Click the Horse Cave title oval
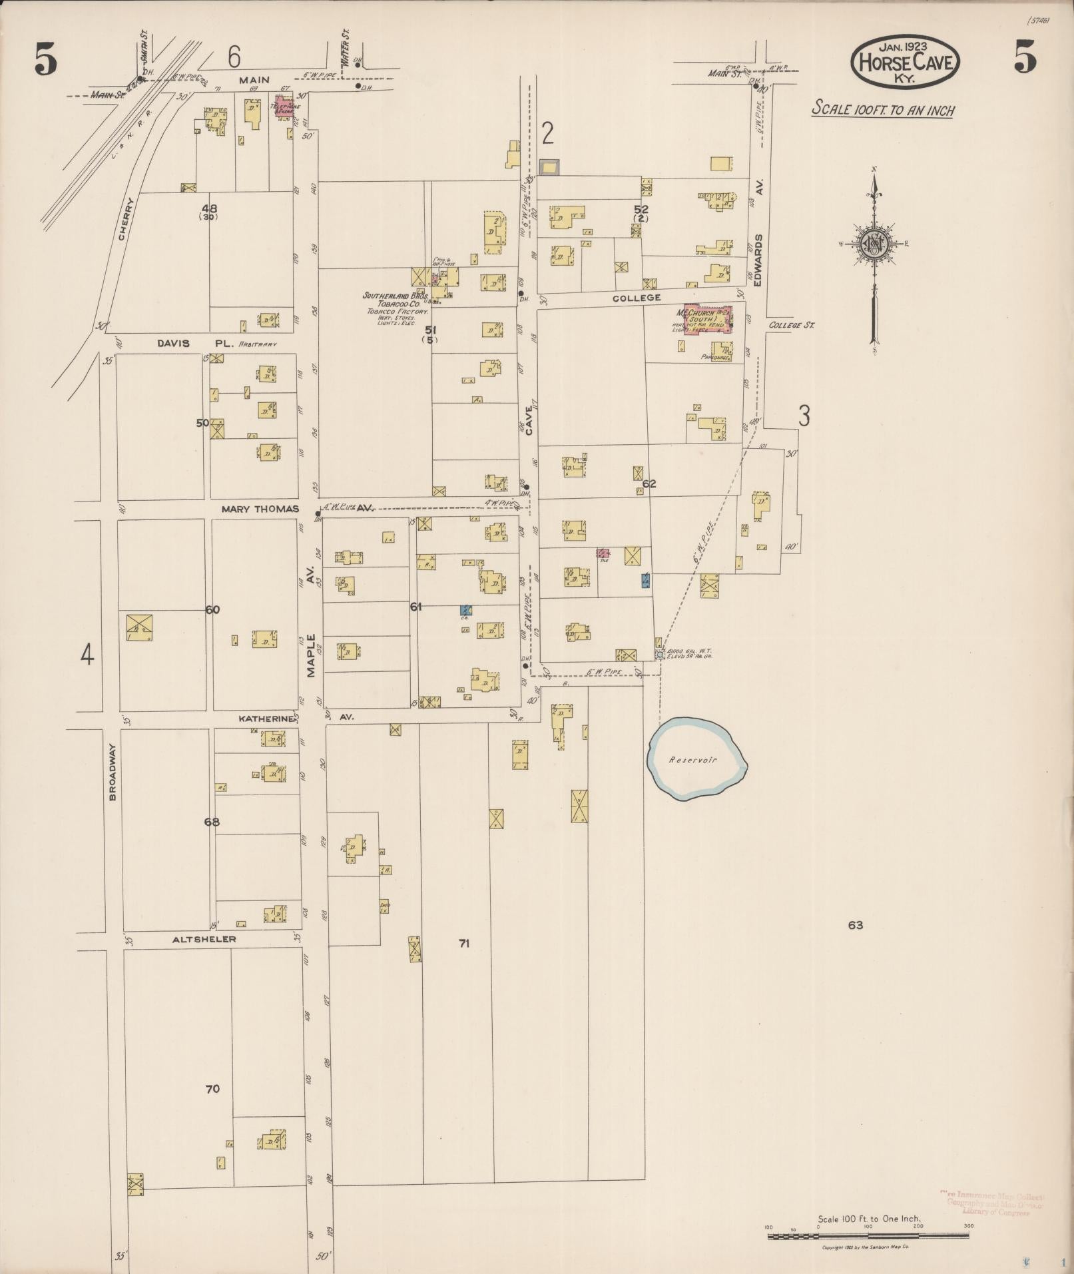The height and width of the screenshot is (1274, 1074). point(905,62)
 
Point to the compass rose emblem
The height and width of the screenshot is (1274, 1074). point(874,243)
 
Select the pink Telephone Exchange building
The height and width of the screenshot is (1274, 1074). point(285,107)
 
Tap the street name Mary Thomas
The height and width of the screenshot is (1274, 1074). point(260,509)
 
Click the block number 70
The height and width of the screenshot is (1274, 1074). point(212,1090)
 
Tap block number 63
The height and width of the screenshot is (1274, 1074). point(856,925)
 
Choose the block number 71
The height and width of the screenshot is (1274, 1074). point(464,943)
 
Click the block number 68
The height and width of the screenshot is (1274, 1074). point(212,822)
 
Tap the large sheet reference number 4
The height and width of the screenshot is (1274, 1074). point(87,655)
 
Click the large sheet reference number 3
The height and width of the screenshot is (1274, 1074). point(804,416)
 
